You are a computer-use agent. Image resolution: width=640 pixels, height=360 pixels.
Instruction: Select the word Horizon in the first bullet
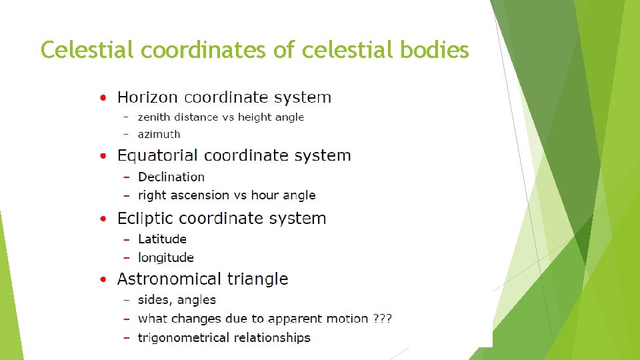coord(148,97)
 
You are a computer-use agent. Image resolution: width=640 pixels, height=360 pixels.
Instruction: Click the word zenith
coord(154,117)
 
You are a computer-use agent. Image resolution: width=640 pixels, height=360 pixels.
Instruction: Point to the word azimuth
coord(159,134)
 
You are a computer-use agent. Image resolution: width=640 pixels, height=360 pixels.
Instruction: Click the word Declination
coord(171,177)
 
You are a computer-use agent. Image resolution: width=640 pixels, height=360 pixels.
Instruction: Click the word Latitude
coord(162,239)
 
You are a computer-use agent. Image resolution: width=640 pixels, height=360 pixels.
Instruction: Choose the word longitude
coord(165,257)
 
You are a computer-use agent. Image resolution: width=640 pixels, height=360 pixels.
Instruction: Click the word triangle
coord(257,279)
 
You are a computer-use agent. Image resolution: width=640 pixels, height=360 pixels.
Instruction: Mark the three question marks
coord(383,319)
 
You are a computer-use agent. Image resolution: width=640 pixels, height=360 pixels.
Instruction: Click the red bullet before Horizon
coord(103,97)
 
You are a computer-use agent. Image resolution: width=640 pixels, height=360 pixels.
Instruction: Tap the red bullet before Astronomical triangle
coord(103,279)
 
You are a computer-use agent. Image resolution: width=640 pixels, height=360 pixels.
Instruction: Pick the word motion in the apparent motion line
coord(345,319)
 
